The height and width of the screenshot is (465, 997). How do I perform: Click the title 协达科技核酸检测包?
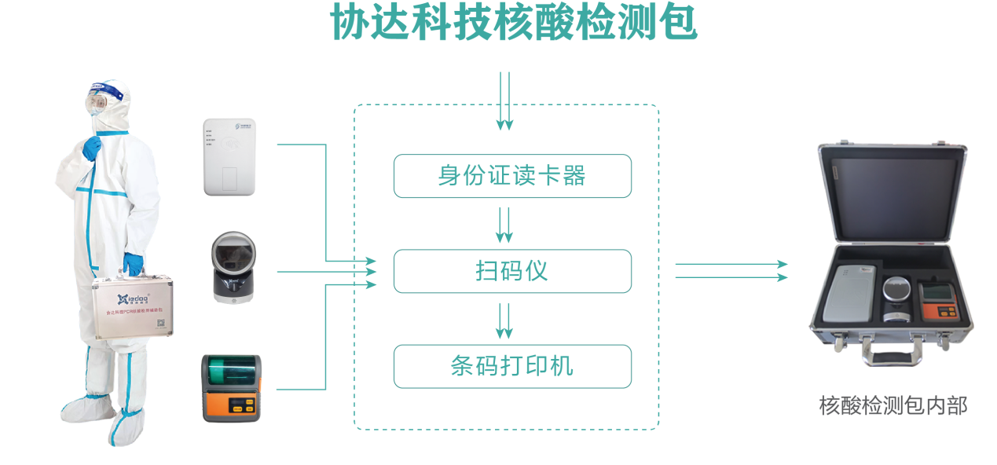click(x=513, y=24)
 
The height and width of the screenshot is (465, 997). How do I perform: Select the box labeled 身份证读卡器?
click(x=512, y=176)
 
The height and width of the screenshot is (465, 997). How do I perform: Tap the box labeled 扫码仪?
click(x=512, y=272)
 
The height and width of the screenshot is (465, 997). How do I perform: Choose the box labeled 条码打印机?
click(x=512, y=366)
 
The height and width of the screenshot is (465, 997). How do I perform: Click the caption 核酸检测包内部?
click(x=893, y=406)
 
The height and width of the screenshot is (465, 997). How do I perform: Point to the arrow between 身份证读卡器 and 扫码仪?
click(x=504, y=224)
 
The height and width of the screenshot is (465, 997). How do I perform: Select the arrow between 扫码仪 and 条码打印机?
click(x=504, y=320)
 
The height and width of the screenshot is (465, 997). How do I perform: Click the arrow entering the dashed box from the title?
click(x=504, y=101)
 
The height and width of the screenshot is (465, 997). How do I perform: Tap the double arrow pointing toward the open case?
click(x=731, y=271)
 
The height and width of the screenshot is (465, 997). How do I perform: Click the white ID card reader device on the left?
click(x=229, y=156)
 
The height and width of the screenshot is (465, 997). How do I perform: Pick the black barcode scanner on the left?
click(x=233, y=267)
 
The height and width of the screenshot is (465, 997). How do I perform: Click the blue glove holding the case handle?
click(x=133, y=264)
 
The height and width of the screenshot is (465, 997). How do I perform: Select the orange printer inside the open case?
click(x=939, y=302)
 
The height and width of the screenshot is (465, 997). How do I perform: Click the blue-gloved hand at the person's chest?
click(x=93, y=146)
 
